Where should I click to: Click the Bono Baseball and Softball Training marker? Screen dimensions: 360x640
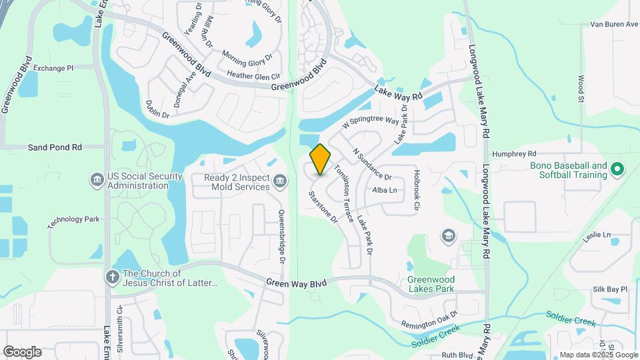click(617, 170)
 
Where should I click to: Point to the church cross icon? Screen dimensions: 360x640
click(113, 275)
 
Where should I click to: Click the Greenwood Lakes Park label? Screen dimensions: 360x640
click(431, 284)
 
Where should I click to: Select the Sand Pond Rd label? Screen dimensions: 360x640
click(55, 147)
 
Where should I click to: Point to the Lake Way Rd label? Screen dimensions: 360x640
click(399, 92)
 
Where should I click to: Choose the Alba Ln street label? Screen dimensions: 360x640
click(385, 191)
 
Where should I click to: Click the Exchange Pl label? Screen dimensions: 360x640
click(53, 68)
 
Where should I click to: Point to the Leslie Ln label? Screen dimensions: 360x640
click(597, 235)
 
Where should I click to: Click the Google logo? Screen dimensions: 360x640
click(22, 351)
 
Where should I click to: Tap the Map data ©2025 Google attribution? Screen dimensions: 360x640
click(598, 355)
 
